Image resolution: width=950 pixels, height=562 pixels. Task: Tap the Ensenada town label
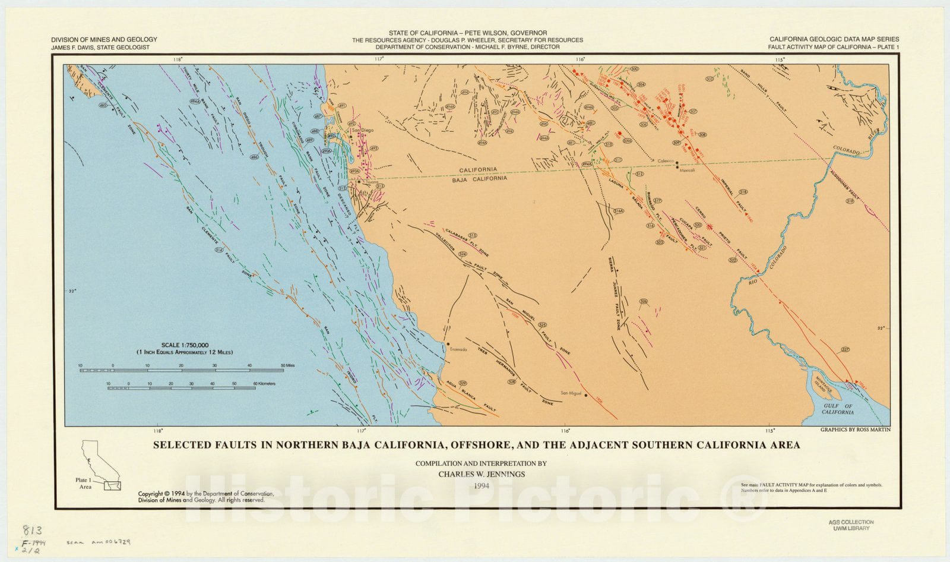tap(458, 349)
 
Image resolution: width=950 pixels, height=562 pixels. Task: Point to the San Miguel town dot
tap(586, 394)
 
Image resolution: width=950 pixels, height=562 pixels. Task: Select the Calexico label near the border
tap(666, 161)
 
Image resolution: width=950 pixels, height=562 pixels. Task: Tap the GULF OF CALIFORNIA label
tap(838, 409)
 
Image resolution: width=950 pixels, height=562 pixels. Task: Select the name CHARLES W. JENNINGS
tap(481, 474)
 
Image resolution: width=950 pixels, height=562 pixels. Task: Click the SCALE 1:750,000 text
tap(185, 345)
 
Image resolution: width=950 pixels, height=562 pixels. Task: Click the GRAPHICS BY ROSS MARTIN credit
tap(855, 430)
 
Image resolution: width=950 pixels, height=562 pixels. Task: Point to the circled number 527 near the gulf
tap(845, 350)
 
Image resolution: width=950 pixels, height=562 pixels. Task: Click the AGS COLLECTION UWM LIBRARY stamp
tap(851, 525)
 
